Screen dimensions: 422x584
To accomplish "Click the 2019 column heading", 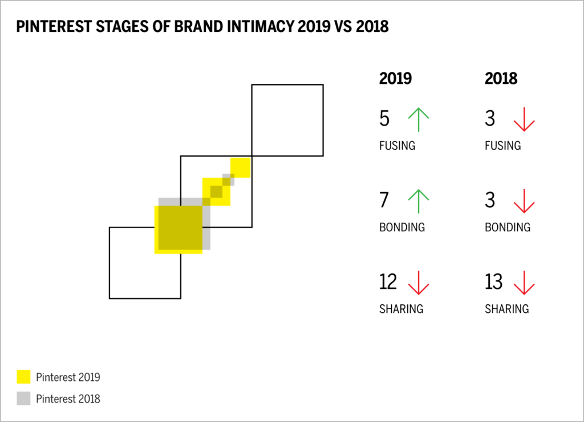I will (x=395, y=79).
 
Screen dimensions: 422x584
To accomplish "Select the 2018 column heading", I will (x=501, y=79).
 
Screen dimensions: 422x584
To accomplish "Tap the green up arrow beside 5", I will (x=419, y=119).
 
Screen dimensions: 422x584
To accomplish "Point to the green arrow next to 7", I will (x=419, y=201).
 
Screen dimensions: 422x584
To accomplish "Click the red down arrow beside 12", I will (x=419, y=282).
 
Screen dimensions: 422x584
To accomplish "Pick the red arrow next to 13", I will (x=524, y=282).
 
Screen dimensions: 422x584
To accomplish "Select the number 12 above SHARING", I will (x=389, y=282).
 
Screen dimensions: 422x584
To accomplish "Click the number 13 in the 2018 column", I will (x=494, y=282).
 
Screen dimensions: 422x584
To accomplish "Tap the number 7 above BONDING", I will (x=384, y=201).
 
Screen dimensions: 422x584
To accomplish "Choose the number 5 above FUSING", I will (x=384, y=119).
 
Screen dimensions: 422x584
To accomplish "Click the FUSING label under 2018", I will (x=502, y=146).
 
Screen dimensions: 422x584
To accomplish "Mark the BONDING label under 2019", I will (x=401, y=227).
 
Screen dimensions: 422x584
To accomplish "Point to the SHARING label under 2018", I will (x=506, y=309).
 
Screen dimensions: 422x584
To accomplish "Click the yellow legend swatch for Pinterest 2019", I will (x=23, y=377).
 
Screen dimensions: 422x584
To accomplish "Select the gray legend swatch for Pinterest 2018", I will (x=23, y=398).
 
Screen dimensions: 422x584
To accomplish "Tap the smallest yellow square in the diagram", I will (x=240, y=167).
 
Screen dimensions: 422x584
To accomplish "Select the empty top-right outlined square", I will (x=287, y=120).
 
